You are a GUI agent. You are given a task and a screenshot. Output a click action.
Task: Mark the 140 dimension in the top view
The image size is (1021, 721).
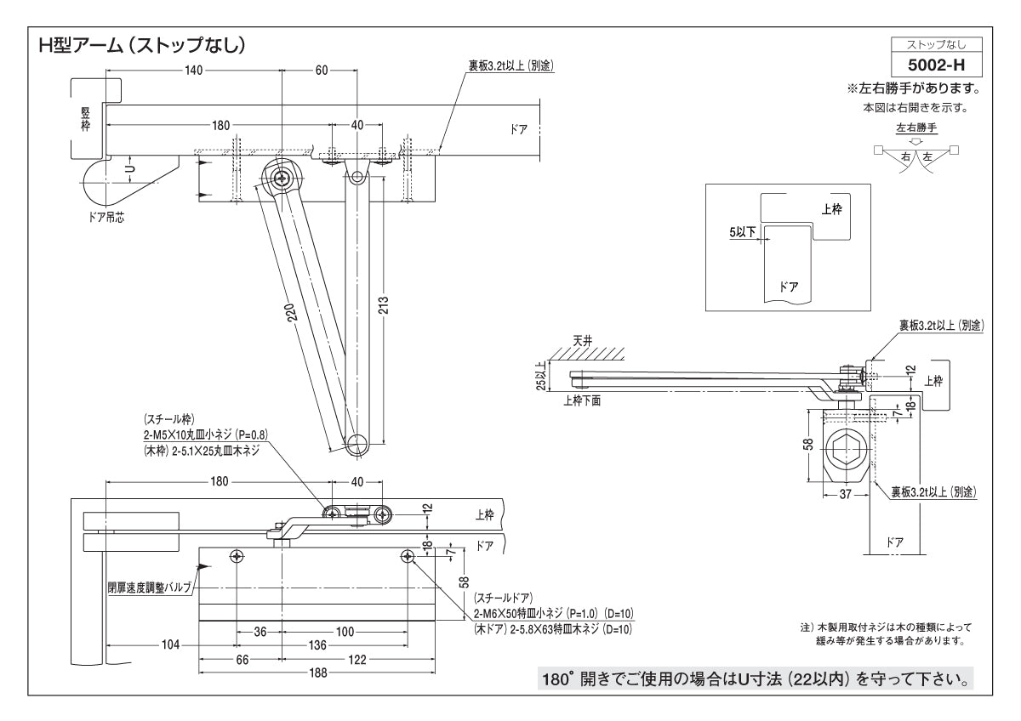coord(193,71)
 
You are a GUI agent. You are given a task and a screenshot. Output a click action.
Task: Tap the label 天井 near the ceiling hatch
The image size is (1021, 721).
coord(581,340)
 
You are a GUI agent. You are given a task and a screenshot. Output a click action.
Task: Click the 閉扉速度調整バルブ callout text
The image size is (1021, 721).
coord(148,587)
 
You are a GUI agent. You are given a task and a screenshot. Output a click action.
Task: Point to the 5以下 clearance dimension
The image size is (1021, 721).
coord(742,231)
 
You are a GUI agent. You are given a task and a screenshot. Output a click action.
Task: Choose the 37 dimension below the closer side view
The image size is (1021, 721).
coord(844,492)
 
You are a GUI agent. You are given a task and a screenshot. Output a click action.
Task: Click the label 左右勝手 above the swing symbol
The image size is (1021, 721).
coord(915,128)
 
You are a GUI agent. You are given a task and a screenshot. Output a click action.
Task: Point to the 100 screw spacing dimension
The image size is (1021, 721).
coord(344,632)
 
